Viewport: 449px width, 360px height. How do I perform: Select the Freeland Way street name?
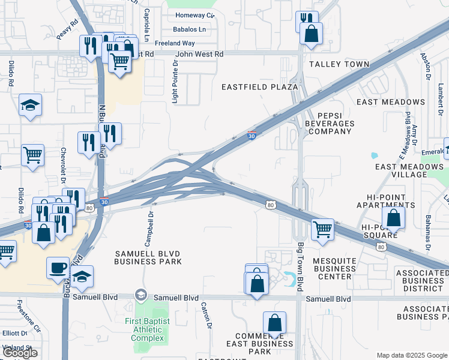[x=175, y=43]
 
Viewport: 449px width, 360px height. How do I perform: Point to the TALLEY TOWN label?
[x=331, y=64]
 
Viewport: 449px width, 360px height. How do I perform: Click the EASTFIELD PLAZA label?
[x=259, y=87]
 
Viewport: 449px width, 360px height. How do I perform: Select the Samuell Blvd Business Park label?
[x=147, y=258]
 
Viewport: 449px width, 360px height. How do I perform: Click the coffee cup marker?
[x=58, y=267]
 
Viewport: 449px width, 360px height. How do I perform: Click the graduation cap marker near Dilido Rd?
[x=30, y=106]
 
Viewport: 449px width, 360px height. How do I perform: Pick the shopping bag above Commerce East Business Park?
[x=274, y=322]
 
